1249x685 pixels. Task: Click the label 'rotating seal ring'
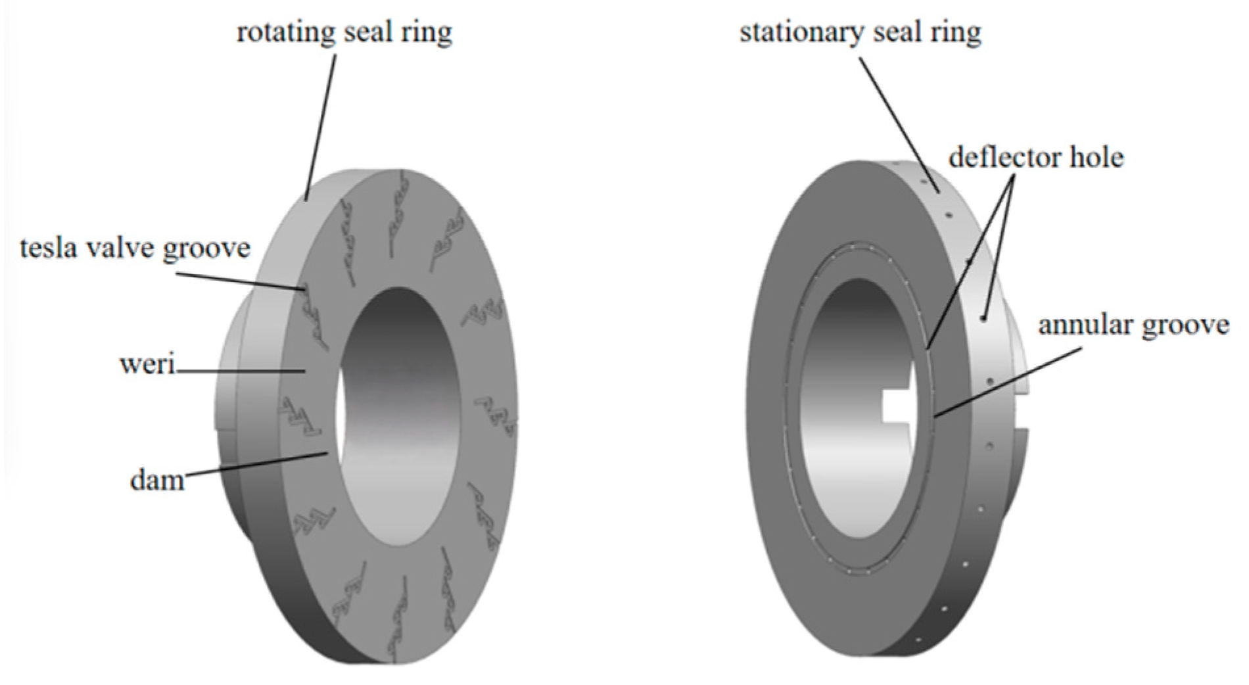(344, 33)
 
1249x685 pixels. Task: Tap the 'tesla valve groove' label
(135, 249)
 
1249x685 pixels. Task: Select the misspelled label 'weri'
(147, 364)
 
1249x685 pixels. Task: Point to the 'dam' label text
(157, 480)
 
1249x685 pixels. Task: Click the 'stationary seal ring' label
(860, 32)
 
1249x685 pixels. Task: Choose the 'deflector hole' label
(1036, 157)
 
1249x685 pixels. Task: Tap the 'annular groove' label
(1133, 325)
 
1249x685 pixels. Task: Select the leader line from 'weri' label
(241, 371)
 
